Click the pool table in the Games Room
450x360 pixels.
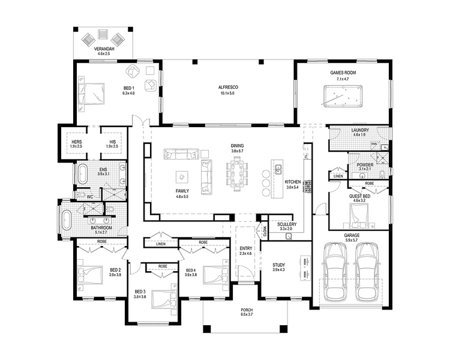point(343,95)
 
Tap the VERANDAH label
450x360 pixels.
point(104,49)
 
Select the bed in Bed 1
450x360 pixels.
point(92,94)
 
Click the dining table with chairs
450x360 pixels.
point(237,173)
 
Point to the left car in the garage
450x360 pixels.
point(335,272)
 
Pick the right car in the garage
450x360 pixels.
point(368,272)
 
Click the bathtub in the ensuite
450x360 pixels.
point(82,173)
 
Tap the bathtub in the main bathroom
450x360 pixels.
point(67,220)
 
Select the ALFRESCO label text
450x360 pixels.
point(228,87)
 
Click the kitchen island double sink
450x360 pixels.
point(278,169)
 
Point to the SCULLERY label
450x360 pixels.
point(287,224)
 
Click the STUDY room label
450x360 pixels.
point(278,265)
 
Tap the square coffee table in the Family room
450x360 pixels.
point(182,177)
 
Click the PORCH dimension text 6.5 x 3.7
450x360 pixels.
point(247,314)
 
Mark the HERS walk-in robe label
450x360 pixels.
point(77,142)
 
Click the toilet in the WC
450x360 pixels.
point(80,195)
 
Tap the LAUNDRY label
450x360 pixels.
point(360,130)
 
